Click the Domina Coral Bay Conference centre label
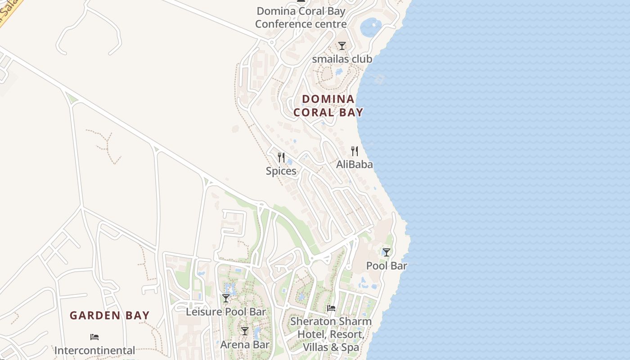(301, 18)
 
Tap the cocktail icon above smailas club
(342, 45)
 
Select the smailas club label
(342, 59)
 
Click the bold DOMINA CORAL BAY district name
(328, 106)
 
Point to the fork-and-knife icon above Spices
(281, 157)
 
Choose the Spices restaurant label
(281, 171)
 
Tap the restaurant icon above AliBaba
(355, 151)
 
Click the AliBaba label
(355, 165)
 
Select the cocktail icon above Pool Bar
(387, 252)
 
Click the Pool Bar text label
(387, 266)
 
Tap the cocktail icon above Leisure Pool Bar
(226, 298)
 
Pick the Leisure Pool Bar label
(226, 311)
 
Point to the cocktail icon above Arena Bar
(245, 331)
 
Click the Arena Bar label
(245, 345)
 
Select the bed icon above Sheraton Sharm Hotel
(331, 308)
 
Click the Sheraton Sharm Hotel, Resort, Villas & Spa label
(331, 334)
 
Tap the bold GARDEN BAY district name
(109, 315)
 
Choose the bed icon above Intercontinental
(94, 337)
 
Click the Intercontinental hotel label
(94, 350)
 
